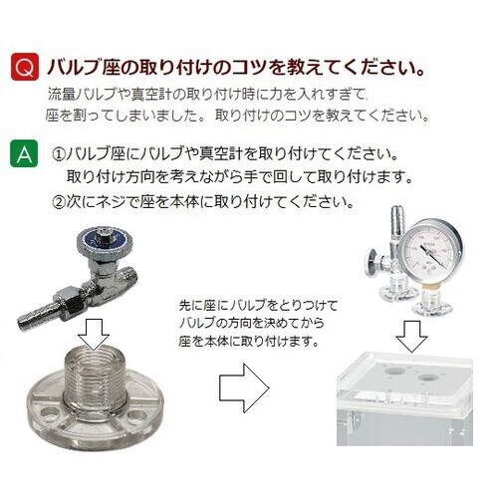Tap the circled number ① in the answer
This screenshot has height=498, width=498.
pyautogui.click(x=59, y=157)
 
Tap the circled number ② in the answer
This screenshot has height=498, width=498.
pyautogui.click(x=59, y=200)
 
